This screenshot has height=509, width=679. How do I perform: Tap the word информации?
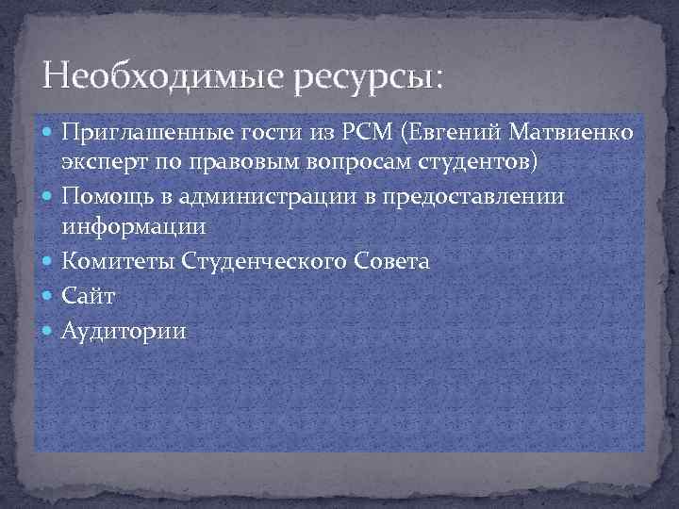click(x=133, y=227)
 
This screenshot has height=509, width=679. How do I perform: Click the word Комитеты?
click(x=109, y=261)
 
